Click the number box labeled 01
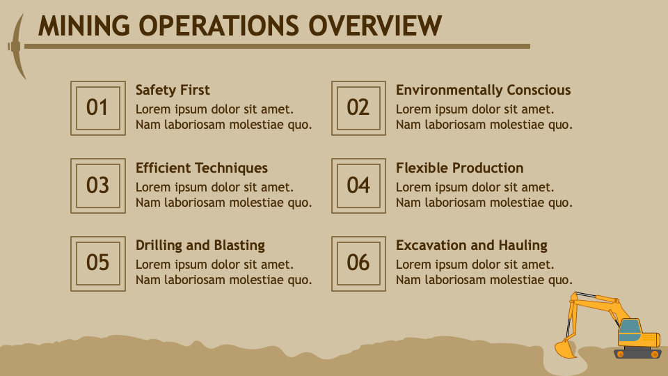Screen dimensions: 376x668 (x=97, y=108)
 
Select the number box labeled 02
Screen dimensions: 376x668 (x=358, y=108)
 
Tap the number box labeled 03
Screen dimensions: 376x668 (x=97, y=185)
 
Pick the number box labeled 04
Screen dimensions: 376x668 (x=358, y=185)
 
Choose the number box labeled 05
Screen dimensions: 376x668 (x=97, y=263)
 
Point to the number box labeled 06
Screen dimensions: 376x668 (x=358, y=263)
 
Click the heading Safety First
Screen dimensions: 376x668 (x=173, y=90)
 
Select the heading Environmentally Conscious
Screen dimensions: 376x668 (x=483, y=90)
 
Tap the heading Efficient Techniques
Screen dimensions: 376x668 (x=201, y=168)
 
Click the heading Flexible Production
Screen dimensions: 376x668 (x=459, y=168)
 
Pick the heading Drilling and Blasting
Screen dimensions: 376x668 (x=200, y=245)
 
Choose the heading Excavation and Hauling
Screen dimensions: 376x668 (x=471, y=245)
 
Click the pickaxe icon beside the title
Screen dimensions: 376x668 (x=17, y=46)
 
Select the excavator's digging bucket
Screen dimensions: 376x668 (x=564, y=349)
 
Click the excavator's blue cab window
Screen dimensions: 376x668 (x=629, y=327)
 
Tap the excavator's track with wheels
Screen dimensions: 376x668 (x=637, y=354)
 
